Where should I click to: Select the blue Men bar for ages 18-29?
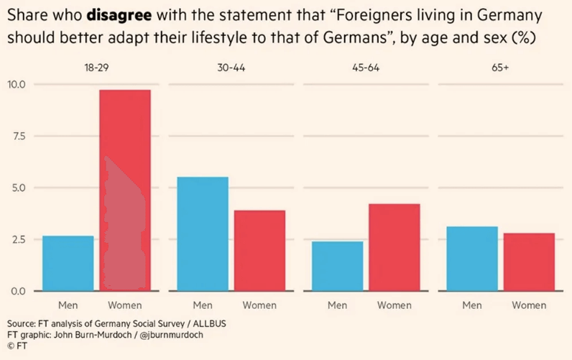68,263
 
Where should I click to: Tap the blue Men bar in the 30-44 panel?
203,234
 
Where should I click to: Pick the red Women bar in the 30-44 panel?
259,250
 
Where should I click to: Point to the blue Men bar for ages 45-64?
337,266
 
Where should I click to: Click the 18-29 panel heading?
96,68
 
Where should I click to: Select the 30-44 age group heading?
231,68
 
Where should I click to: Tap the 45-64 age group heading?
366,68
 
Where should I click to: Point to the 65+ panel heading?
500,68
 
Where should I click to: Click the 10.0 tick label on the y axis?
17,85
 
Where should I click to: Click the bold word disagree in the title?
118,14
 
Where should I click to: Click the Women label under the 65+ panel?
529,305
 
